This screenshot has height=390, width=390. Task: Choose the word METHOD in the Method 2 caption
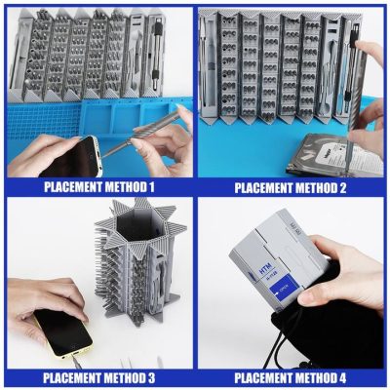pos(318,187)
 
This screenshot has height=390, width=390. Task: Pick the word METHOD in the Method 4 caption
pos(318,377)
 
